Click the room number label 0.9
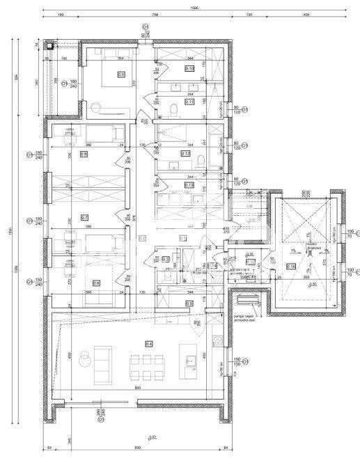(120, 74)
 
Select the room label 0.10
(189, 68)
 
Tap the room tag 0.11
(189, 102)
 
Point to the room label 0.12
(186, 153)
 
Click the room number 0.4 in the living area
(149, 343)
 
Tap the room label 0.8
(84, 155)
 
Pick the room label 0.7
(84, 216)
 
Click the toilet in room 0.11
(173, 109)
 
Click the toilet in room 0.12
(201, 161)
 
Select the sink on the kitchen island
(188, 361)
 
